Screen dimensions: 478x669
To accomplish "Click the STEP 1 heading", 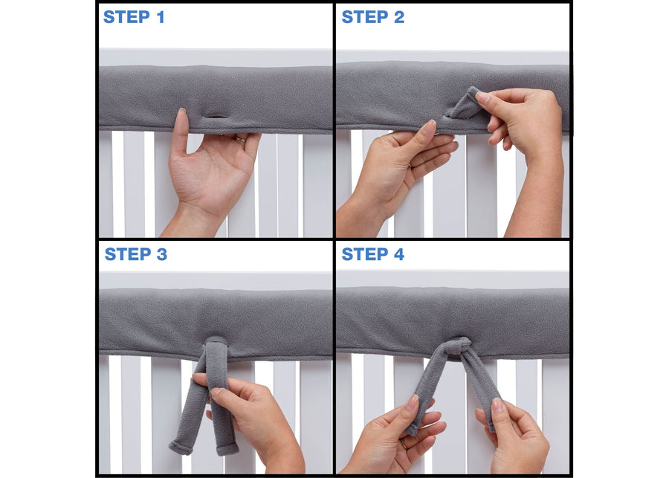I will click(134, 17).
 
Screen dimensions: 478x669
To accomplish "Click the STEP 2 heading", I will click(372, 17).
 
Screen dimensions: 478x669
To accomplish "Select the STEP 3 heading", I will click(135, 254).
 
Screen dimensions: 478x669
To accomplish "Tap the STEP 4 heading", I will click(372, 254).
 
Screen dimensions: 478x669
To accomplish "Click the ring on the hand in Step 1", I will click(241, 138).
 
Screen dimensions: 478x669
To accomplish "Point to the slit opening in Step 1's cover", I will click(216, 117).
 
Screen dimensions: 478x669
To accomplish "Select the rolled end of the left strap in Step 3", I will click(181, 446).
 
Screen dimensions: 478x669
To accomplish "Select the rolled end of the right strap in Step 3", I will click(226, 448).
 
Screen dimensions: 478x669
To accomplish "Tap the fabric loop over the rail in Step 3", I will click(216, 349).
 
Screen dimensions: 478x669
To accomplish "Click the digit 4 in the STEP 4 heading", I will click(399, 254).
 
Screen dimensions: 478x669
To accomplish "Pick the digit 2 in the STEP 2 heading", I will click(399, 17).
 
